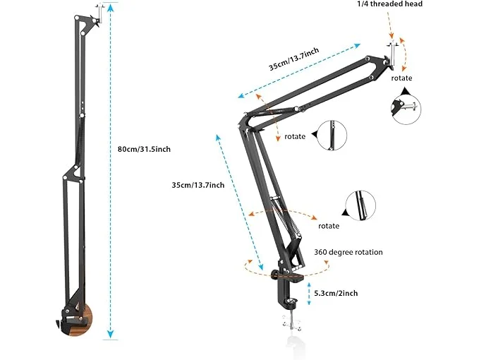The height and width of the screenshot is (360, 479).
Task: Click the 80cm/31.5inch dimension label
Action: (x=144, y=150)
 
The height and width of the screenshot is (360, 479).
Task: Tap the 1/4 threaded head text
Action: (x=390, y=4)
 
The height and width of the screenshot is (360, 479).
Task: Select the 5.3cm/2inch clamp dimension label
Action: (x=336, y=294)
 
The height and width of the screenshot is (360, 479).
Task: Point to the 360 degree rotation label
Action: (x=348, y=253)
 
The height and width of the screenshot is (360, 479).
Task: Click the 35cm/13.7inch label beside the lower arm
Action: (x=198, y=185)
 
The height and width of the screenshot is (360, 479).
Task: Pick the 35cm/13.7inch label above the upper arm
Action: (x=294, y=59)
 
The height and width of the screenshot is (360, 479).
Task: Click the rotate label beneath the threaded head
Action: (x=401, y=78)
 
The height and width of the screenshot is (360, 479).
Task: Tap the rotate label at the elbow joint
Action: (x=295, y=137)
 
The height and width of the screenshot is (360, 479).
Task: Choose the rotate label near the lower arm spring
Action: (x=329, y=226)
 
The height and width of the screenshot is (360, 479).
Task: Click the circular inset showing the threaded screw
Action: (x=406, y=109)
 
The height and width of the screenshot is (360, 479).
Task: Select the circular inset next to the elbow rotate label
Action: (x=332, y=136)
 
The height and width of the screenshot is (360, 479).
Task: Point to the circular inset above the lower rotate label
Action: (x=360, y=205)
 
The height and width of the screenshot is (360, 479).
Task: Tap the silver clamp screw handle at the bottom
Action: (x=291, y=323)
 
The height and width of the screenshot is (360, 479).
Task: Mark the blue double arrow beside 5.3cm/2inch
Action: (x=309, y=294)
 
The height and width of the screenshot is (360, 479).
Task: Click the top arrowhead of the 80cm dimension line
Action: (x=110, y=7)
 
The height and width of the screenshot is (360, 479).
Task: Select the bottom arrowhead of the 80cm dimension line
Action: (x=110, y=334)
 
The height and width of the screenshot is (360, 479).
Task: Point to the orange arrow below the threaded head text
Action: (x=389, y=25)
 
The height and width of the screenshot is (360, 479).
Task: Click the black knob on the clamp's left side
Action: (x=274, y=275)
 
